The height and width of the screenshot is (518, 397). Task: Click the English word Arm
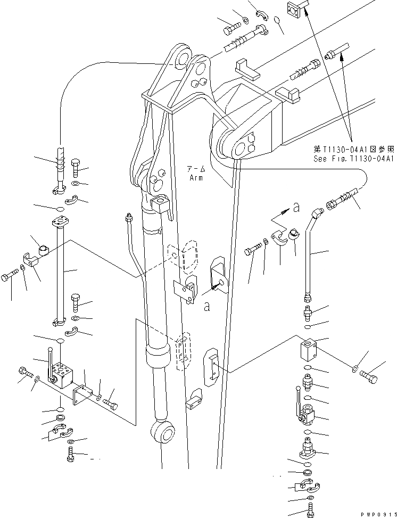tap(196, 178)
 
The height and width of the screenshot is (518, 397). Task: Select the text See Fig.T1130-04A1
tap(352, 159)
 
